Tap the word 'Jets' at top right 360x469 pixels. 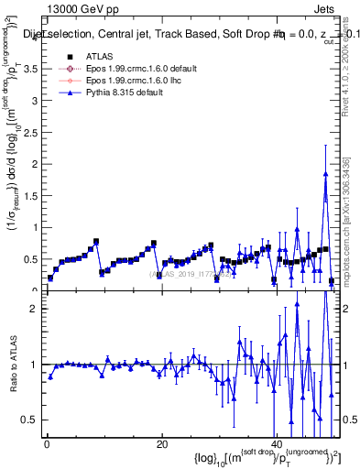click(x=326, y=7)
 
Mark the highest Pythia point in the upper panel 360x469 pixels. click(x=325, y=174)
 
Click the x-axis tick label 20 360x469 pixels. click(x=161, y=443)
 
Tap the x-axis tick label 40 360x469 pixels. click(x=276, y=443)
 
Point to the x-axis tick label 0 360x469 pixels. click(x=47, y=443)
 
